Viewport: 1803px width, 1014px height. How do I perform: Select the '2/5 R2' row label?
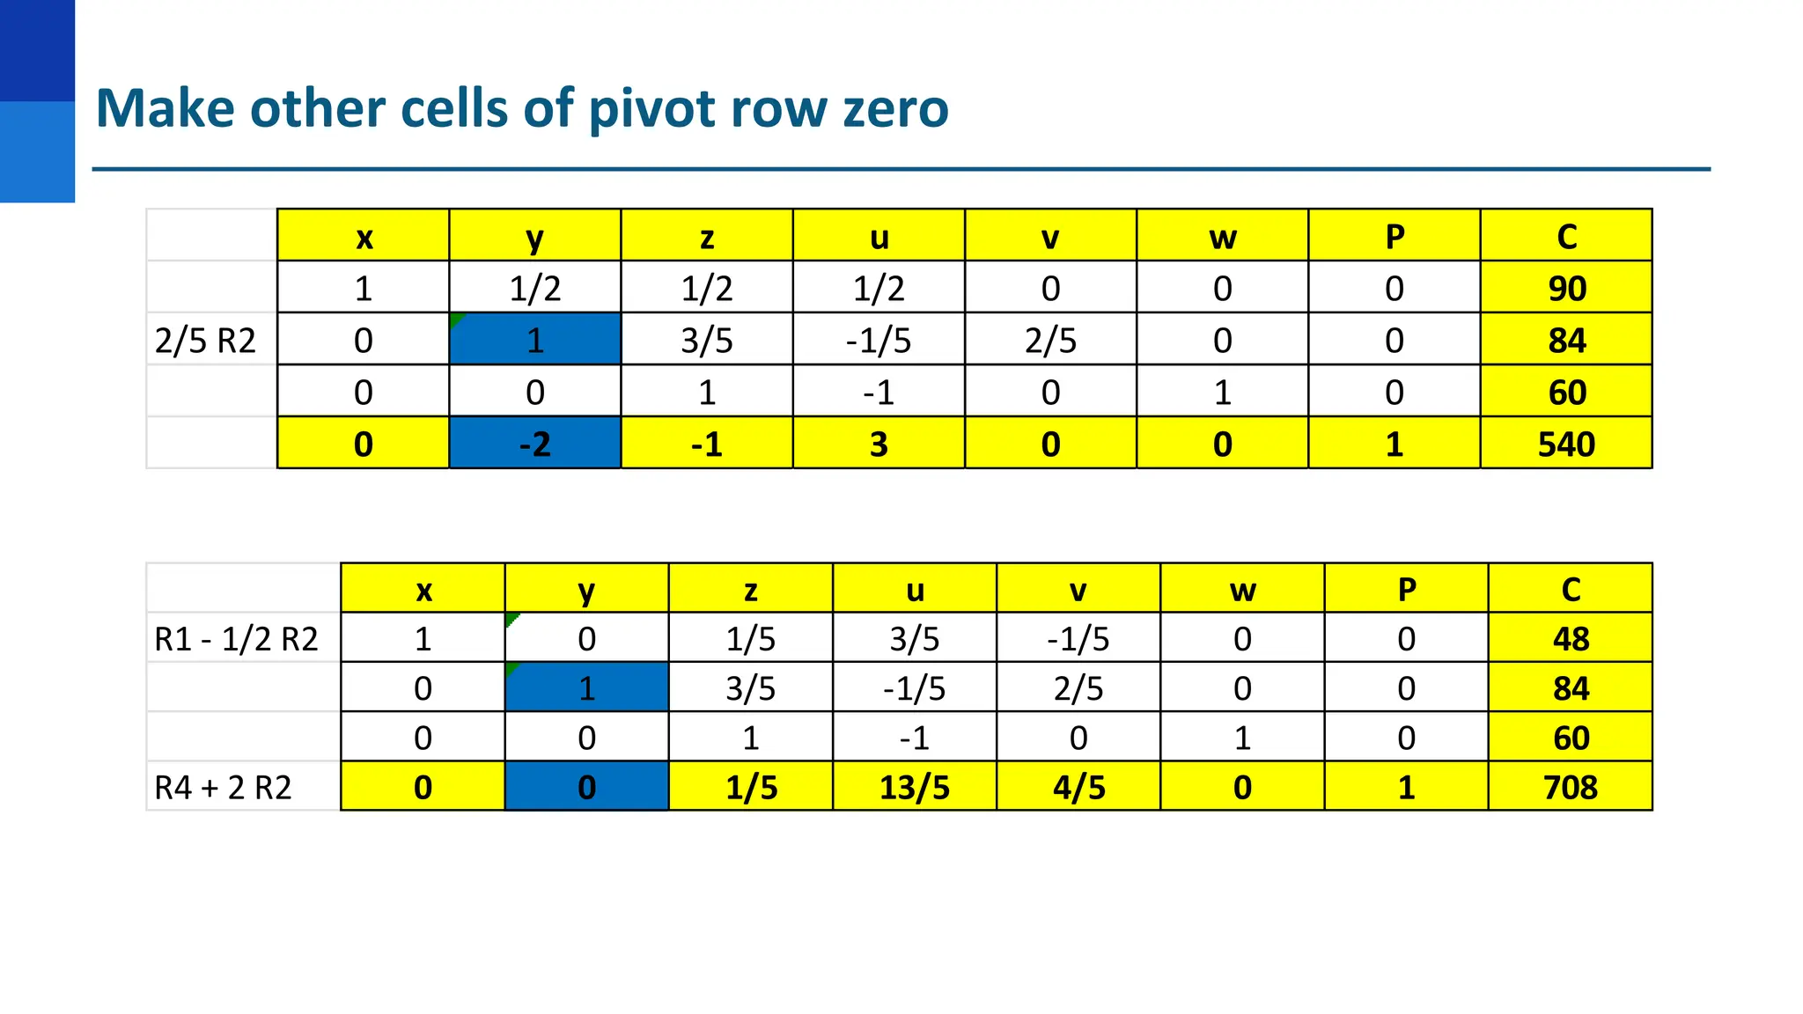(x=205, y=340)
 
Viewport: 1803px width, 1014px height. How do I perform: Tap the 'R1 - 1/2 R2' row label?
(x=236, y=638)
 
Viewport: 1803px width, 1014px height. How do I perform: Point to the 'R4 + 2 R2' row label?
(x=223, y=787)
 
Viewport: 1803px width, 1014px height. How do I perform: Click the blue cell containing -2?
(x=534, y=444)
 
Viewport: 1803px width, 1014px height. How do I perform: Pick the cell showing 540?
(x=1566, y=444)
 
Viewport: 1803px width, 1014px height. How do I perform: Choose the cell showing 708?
(x=1570, y=787)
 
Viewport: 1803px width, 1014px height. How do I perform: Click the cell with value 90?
(x=1566, y=288)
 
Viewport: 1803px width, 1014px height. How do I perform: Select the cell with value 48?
(x=1570, y=638)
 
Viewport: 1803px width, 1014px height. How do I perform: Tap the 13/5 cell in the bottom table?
(x=914, y=787)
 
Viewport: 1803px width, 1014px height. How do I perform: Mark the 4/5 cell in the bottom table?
(x=1078, y=787)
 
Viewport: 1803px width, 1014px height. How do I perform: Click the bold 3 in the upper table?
(x=879, y=444)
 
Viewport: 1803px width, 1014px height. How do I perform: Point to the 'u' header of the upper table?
(x=879, y=237)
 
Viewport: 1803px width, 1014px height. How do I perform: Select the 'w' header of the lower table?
(x=1242, y=590)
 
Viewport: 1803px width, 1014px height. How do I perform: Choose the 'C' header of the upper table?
(x=1566, y=237)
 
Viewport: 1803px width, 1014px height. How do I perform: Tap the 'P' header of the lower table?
(x=1406, y=590)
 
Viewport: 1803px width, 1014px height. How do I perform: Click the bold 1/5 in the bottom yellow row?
(x=751, y=787)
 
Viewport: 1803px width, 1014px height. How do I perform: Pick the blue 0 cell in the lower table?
(x=586, y=787)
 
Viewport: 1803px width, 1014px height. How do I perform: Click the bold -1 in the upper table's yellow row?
(x=707, y=444)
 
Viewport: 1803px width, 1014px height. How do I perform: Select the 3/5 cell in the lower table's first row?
(x=914, y=638)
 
